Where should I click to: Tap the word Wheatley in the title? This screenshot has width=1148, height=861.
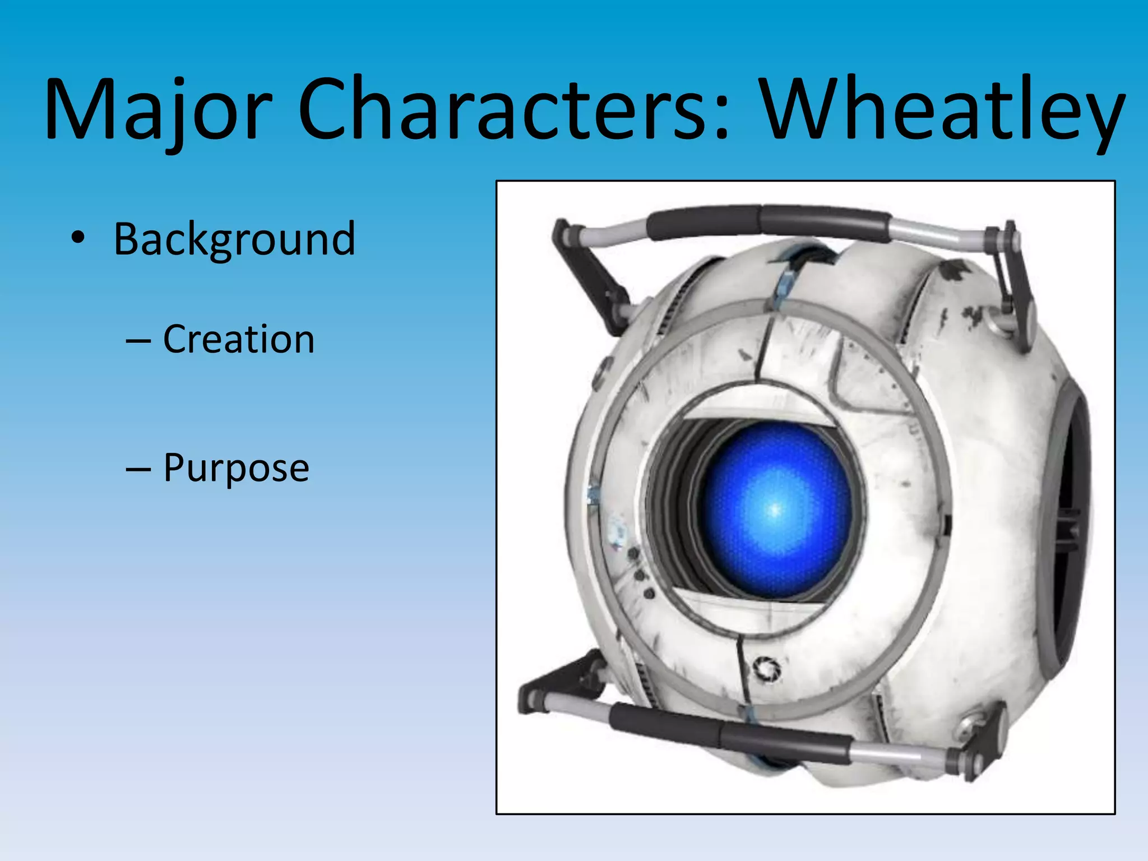(x=942, y=109)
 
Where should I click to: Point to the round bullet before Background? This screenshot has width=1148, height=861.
(x=78, y=238)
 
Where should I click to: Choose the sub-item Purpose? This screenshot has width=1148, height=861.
(x=236, y=467)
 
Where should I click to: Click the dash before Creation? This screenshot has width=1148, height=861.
(x=138, y=340)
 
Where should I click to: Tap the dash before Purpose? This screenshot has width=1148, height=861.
(x=138, y=469)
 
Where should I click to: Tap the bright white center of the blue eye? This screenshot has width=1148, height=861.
(x=775, y=510)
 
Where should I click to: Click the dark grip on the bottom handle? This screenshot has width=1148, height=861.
(x=729, y=732)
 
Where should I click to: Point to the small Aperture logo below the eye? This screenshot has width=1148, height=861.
(x=766, y=669)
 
